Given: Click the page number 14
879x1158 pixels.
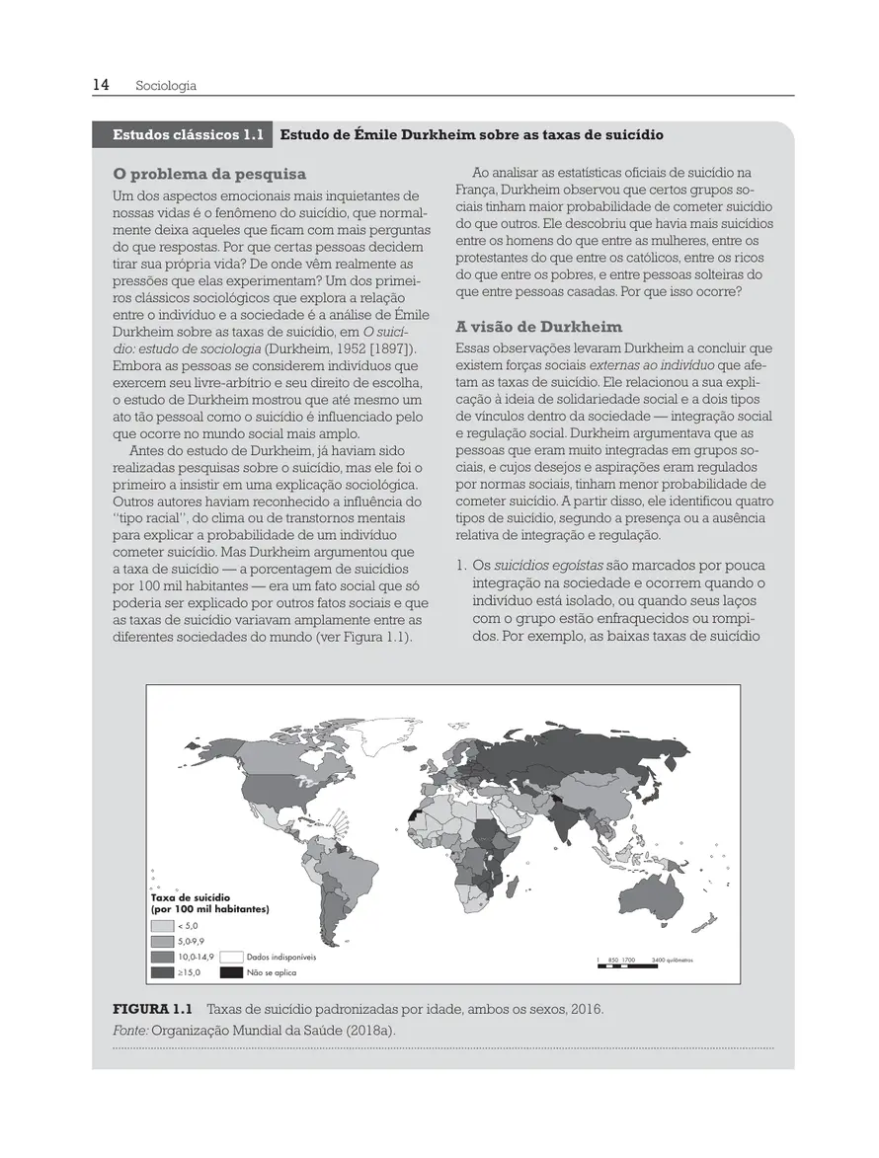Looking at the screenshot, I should (101, 85).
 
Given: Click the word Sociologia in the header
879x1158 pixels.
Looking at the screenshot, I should (166, 86).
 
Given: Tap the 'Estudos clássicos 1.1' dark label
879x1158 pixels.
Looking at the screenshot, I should (182, 134).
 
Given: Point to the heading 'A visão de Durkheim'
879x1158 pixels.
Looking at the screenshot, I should (539, 327).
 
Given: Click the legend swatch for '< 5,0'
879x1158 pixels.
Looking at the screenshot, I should (162, 926).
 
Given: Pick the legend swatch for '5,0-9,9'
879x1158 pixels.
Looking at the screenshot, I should (162, 942).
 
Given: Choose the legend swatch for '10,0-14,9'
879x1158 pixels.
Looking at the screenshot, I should (162, 957).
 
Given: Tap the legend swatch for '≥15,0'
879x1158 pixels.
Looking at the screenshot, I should (162, 972).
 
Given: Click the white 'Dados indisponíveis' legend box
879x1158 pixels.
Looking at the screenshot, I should (231, 957).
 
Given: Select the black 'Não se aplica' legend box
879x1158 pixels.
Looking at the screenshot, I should (231, 972).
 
